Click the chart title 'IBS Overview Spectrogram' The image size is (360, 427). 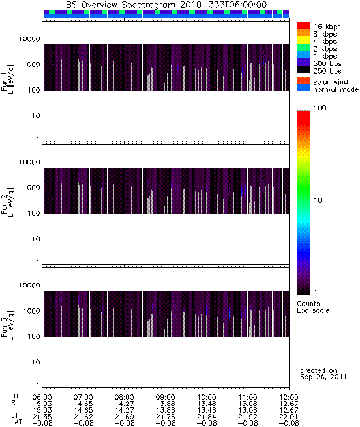[120, 5]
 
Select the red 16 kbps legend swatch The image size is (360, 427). [304, 25]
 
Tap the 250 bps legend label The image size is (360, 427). [327, 71]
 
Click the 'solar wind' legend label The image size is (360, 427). [331, 82]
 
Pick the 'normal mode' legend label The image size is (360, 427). [336, 89]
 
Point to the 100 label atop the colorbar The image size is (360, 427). [320, 108]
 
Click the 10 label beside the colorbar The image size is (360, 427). [318, 200]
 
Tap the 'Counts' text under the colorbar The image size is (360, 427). [308, 304]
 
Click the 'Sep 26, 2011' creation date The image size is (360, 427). [323, 377]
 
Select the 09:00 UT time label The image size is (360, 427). [166, 397]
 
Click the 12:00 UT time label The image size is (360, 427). [289, 397]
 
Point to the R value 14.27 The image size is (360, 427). [125, 404]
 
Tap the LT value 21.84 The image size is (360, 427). [207, 417]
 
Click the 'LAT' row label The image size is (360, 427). [16, 423]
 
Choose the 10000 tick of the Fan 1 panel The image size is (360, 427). [29, 39]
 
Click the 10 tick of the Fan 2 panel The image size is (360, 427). [36, 239]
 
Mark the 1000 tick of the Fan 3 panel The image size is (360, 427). [31, 311]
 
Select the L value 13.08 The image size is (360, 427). [247, 410]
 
